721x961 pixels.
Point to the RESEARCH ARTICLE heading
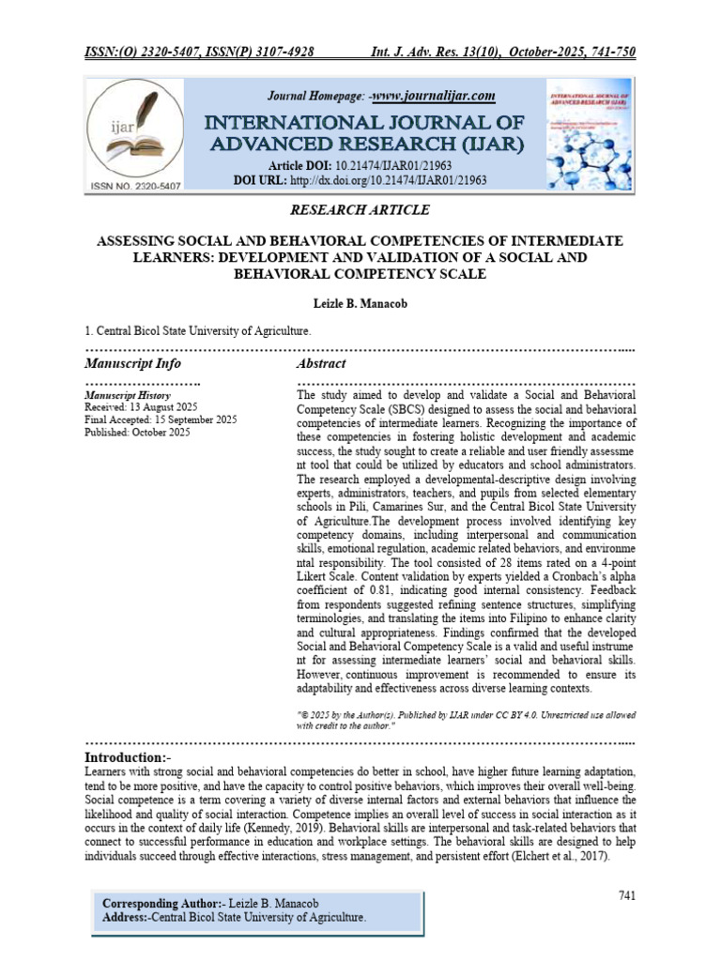point(360,210)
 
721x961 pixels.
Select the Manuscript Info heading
point(132,363)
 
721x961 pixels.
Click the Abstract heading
point(321,363)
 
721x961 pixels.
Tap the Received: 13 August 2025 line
point(142,408)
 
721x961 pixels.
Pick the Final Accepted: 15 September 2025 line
point(161,420)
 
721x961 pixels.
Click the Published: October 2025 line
point(137,433)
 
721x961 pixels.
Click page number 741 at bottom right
point(627,895)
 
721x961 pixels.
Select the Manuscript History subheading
point(127,396)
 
